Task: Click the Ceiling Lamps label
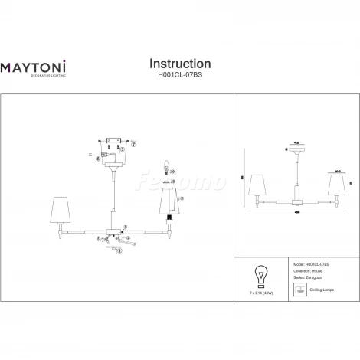coord(322,290)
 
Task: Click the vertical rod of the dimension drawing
coord(297,172)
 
